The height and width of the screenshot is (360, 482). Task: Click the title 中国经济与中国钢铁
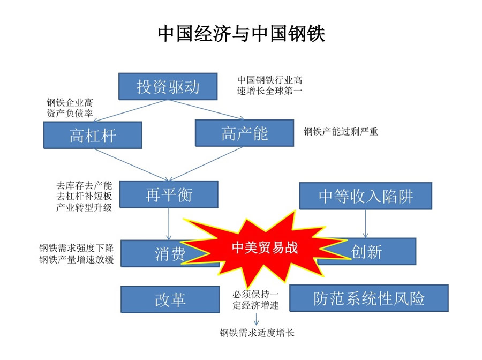pyautogui.click(x=242, y=33)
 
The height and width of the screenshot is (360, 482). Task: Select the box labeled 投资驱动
pyautogui.click(x=168, y=86)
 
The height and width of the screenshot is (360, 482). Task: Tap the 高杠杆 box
pyautogui.click(x=93, y=135)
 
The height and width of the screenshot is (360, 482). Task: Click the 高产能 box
pyautogui.click(x=244, y=133)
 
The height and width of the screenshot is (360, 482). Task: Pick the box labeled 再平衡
pyautogui.click(x=169, y=194)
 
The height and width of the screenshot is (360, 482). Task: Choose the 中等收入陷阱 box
pyautogui.click(x=365, y=196)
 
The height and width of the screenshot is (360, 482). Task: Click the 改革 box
pyautogui.click(x=170, y=299)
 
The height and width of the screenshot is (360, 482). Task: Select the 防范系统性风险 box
pyautogui.click(x=369, y=298)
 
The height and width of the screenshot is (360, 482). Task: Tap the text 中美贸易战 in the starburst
pyautogui.click(x=265, y=247)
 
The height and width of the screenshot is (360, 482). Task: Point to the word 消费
pyautogui.click(x=170, y=254)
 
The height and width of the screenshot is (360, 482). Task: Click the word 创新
pyautogui.click(x=366, y=252)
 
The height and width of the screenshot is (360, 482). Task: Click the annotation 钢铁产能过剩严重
pyautogui.click(x=341, y=132)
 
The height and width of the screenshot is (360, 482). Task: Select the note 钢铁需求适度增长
pyautogui.click(x=257, y=333)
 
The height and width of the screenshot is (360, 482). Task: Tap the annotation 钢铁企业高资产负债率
pyautogui.click(x=70, y=108)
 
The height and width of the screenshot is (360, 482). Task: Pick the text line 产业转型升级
pyautogui.click(x=84, y=207)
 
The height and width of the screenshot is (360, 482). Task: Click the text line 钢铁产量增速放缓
pyautogui.click(x=76, y=259)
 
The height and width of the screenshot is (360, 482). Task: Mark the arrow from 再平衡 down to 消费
pyautogui.click(x=169, y=224)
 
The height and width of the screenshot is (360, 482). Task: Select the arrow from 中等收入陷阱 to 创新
pyautogui.click(x=365, y=223)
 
